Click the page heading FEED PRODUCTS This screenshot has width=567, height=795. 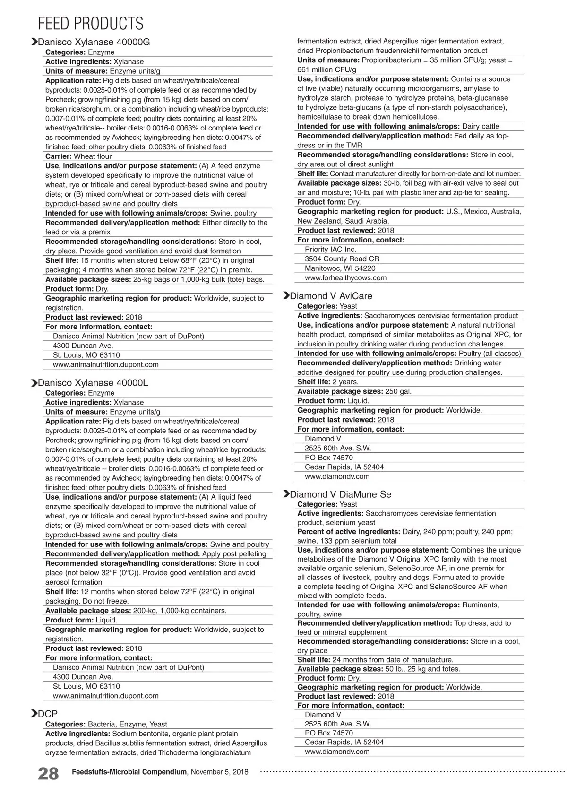click(90, 23)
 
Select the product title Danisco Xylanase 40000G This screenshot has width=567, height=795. click(94, 42)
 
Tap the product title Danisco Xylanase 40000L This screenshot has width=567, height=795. click(93, 383)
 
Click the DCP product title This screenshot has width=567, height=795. click(48, 714)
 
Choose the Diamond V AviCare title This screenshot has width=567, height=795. click(331, 296)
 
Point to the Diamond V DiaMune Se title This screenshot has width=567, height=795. click(340, 494)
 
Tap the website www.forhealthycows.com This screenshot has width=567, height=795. click(345, 278)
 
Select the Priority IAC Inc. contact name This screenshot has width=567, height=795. click(330, 250)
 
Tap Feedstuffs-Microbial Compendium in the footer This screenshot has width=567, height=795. click(129, 772)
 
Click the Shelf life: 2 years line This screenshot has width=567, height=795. click(328, 382)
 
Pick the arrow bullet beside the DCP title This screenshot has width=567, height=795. click(34, 714)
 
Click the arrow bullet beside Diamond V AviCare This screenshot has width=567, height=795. click(286, 296)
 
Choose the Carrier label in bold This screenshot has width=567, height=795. click(59, 156)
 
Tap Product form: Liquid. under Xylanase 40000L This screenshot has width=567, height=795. click(81, 620)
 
